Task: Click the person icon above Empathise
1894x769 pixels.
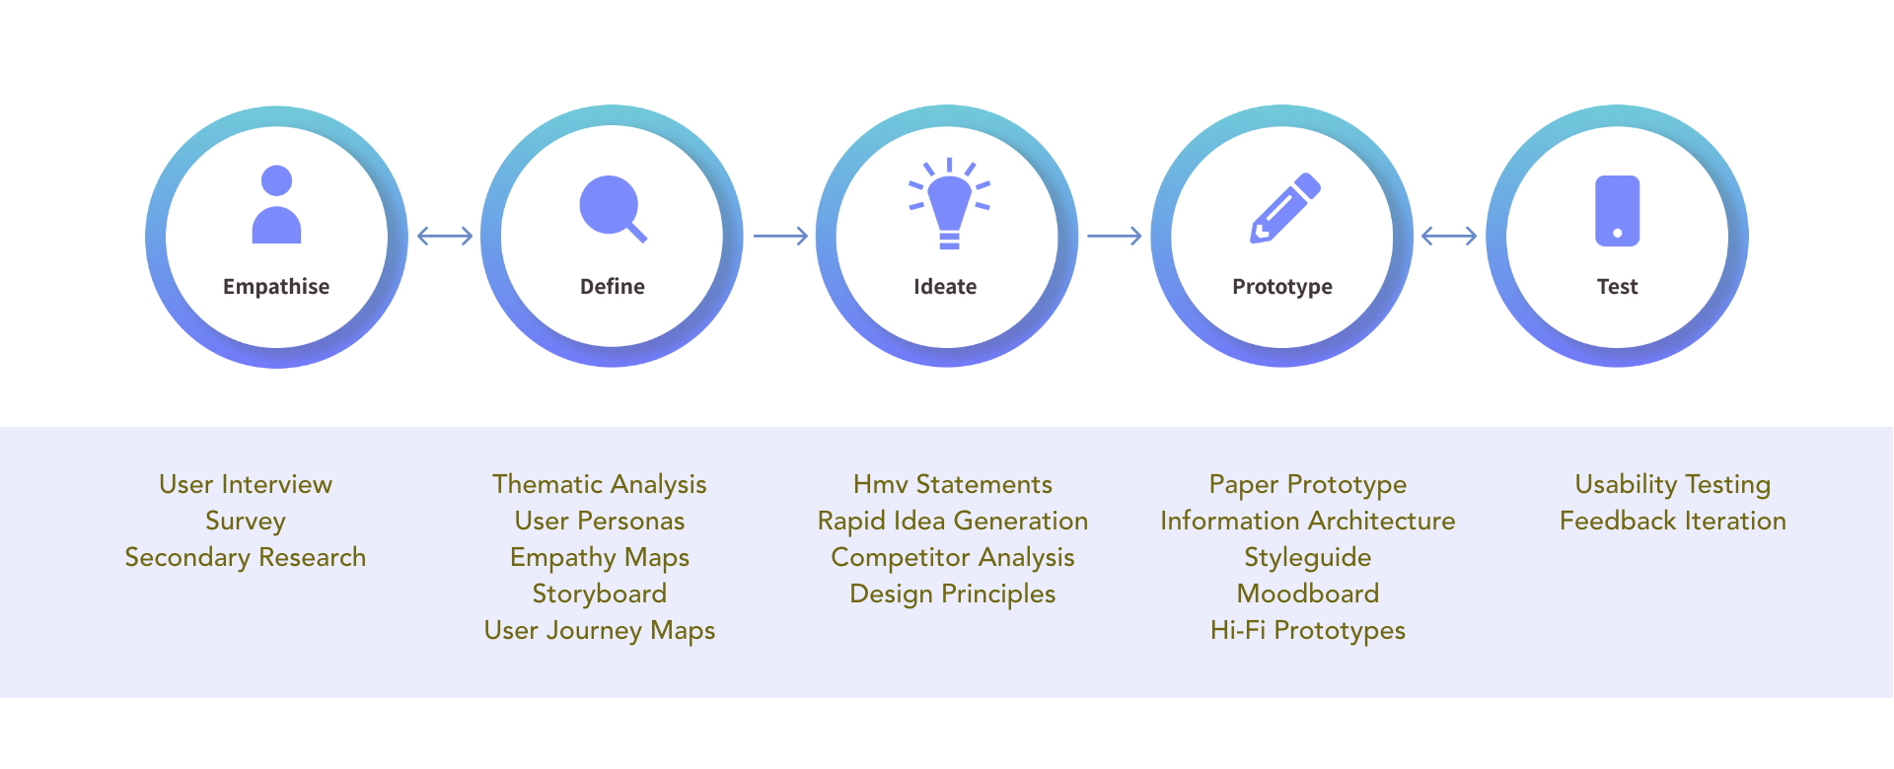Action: (x=276, y=204)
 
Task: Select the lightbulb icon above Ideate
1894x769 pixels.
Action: (x=949, y=203)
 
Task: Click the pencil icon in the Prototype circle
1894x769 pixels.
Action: (x=1284, y=208)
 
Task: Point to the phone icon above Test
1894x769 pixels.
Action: (x=1618, y=211)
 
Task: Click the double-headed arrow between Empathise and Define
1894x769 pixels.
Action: (x=445, y=236)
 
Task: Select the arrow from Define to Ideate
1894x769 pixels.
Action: (x=780, y=236)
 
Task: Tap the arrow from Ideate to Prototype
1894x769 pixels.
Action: (x=1115, y=236)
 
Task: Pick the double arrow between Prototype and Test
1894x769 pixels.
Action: (x=1449, y=236)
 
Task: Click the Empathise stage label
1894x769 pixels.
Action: (x=276, y=287)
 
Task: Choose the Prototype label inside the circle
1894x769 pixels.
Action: (x=1282, y=287)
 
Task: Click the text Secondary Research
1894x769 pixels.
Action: (x=246, y=557)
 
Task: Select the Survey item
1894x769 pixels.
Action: (x=246, y=521)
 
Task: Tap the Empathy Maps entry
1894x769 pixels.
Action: (x=600, y=557)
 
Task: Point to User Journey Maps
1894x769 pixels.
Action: (x=600, y=630)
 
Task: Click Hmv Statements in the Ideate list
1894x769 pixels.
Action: (x=953, y=484)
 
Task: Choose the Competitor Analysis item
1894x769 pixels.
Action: (x=953, y=557)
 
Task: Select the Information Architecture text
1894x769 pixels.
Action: (x=1308, y=521)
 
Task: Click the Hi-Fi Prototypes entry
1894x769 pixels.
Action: (x=1308, y=630)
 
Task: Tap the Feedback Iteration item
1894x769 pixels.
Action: (x=1673, y=521)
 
